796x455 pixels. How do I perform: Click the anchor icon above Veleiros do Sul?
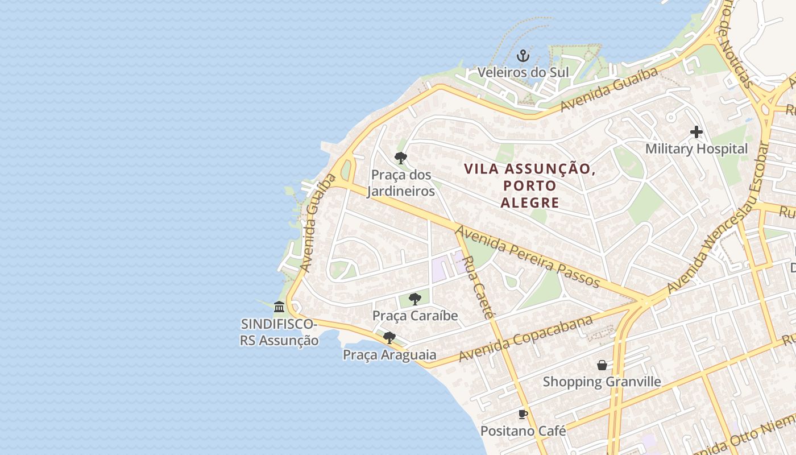(523, 56)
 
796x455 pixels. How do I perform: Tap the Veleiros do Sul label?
(523, 72)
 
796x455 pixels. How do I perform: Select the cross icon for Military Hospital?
(696, 132)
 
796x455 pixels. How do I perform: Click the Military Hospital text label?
(696, 149)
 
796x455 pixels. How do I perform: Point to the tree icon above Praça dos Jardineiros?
(401, 158)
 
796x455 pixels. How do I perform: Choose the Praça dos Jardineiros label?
(401, 183)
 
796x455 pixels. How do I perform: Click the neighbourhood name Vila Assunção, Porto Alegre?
(530, 185)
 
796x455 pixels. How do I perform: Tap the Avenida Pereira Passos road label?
(528, 257)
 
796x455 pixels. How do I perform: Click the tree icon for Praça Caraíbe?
(415, 299)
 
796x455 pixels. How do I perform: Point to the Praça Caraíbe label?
(415, 315)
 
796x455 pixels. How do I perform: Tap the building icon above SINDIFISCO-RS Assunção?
(279, 307)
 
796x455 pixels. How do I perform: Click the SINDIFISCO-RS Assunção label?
(279, 332)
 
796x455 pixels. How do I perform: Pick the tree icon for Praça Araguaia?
(389, 338)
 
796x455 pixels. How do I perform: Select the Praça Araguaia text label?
(389, 355)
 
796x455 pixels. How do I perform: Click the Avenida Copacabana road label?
(526, 338)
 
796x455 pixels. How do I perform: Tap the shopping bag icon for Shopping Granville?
(602, 365)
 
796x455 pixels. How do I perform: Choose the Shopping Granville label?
(602, 381)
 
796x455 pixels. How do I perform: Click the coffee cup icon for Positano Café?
(523, 414)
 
